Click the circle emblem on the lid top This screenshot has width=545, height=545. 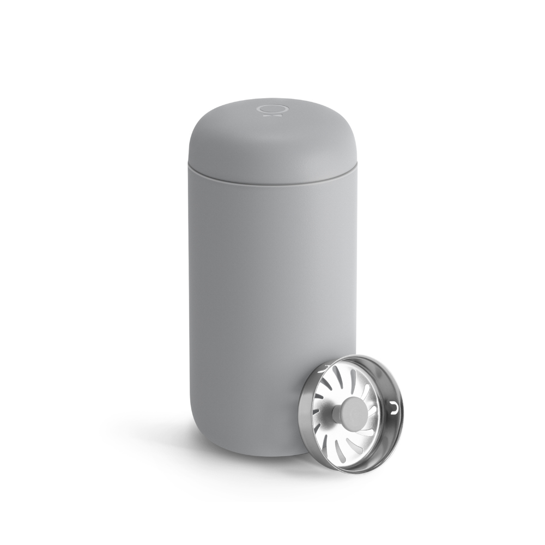point(268,108)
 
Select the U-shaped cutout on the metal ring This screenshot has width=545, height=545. point(395,408)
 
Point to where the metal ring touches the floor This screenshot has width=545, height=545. point(349,472)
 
